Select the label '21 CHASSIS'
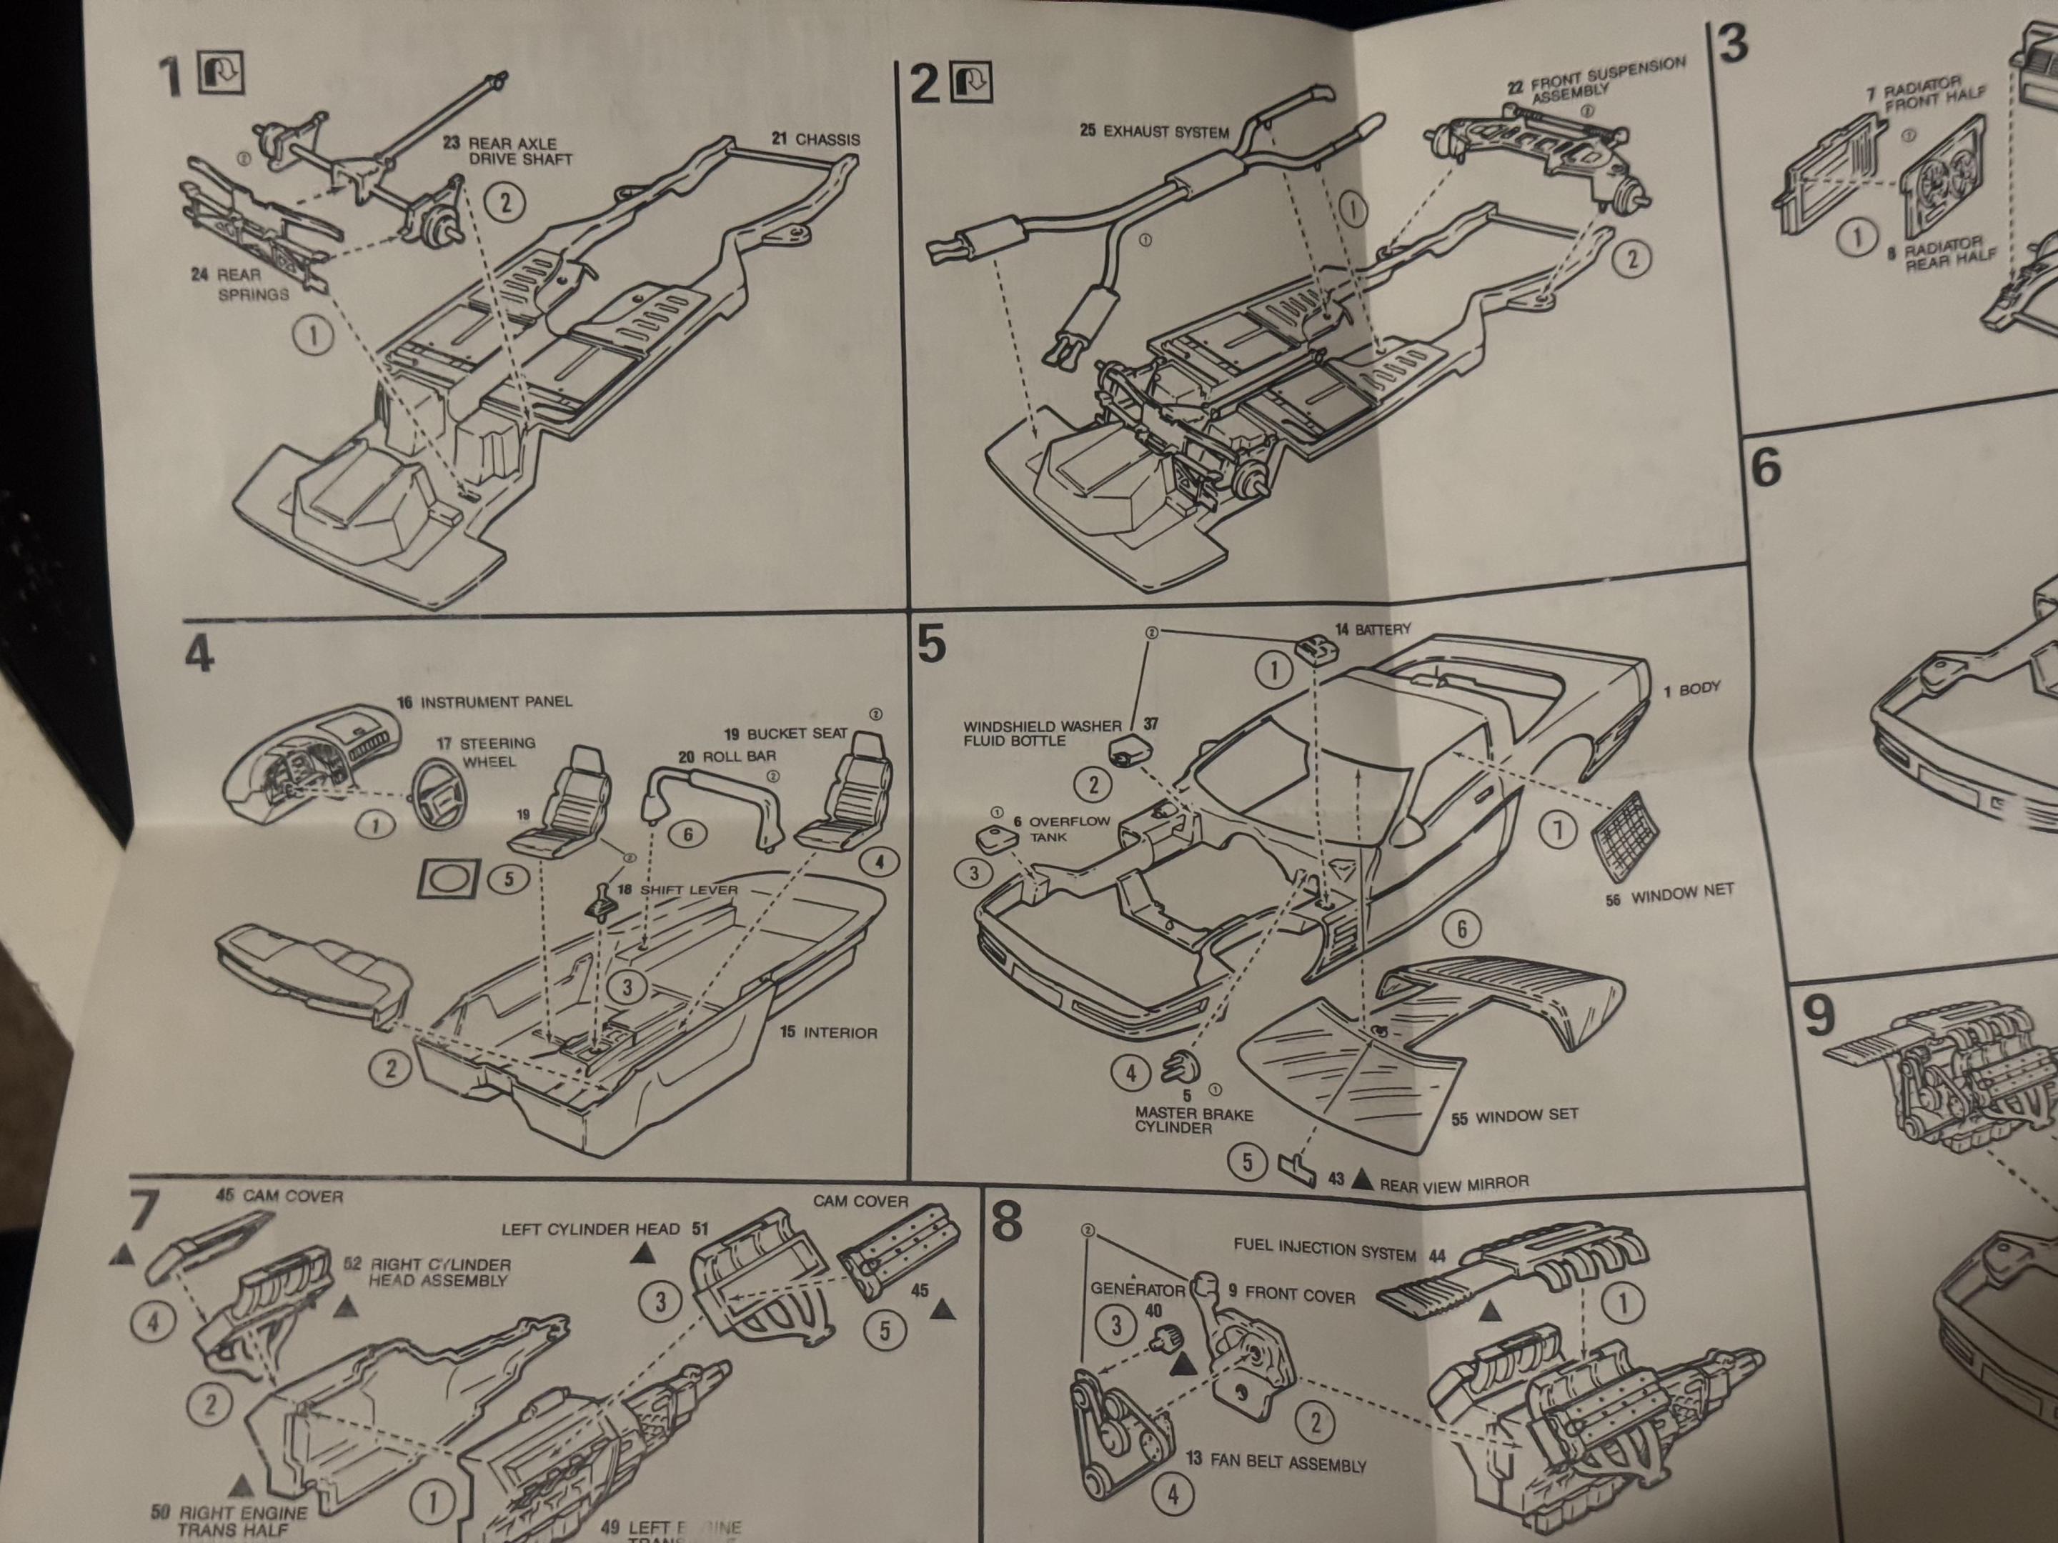pyautogui.click(x=815, y=139)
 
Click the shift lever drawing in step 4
pyautogui.click(x=599, y=902)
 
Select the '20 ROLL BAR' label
pyautogui.click(x=727, y=756)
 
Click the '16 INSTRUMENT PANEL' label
pyautogui.click(x=484, y=701)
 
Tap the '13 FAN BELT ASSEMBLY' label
pyautogui.click(x=1276, y=1462)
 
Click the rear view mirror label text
pyautogui.click(x=1453, y=1184)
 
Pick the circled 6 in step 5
pyautogui.click(x=1461, y=928)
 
